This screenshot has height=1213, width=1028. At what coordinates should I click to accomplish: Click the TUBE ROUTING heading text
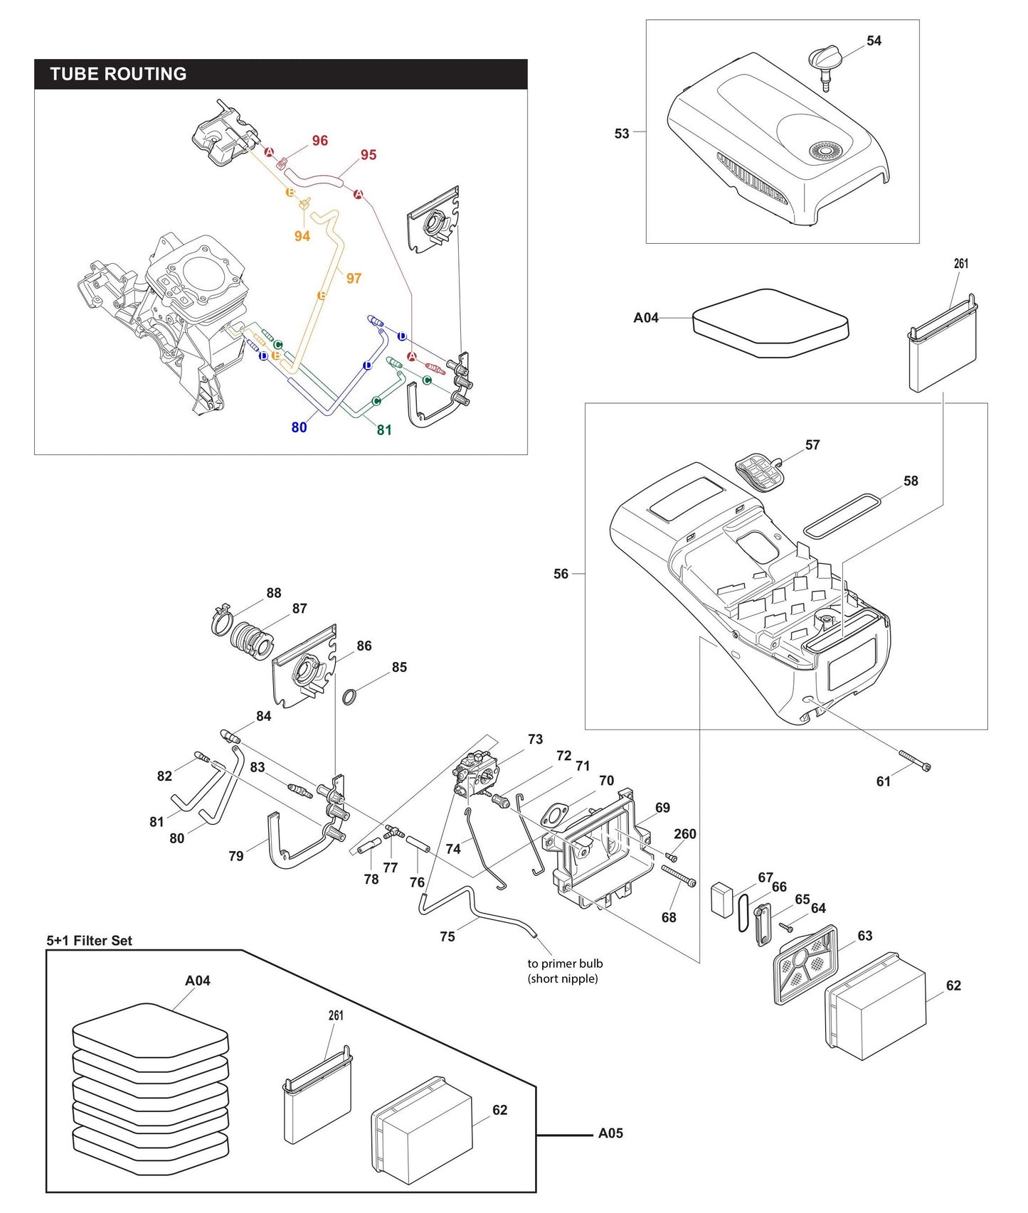(118, 74)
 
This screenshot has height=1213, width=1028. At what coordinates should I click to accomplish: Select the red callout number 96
(319, 141)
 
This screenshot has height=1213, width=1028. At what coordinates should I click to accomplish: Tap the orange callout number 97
(354, 278)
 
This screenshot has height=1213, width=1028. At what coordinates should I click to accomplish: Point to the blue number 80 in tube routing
(299, 427)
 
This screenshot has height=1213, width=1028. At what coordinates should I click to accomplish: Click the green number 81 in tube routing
(384, 429)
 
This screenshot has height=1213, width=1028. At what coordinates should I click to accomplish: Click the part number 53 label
(622, 134)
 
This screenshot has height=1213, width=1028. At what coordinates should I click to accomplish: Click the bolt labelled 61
(915, 761)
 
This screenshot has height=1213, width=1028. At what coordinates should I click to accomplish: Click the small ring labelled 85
(349, 697)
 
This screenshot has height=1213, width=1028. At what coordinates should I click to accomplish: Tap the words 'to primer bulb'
(565, 963)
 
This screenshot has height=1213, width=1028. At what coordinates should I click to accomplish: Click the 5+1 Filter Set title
(89, 941)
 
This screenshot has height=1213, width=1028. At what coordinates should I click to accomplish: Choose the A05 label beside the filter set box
(610, 1133)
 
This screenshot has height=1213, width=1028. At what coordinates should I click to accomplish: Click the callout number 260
(684, 834)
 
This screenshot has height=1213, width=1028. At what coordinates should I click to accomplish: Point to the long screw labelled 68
(679, 876)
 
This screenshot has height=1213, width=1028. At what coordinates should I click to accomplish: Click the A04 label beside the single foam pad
(646, 318)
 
